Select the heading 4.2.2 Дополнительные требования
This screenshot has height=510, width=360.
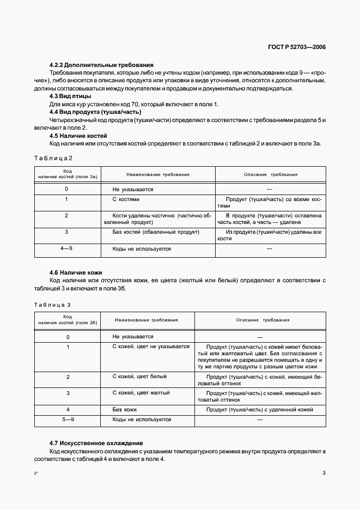coord(101,65)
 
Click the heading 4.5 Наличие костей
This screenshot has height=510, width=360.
coord(78,136)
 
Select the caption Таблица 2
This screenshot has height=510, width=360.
coord(53,159)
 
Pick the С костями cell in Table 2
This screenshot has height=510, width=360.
coord(126,199)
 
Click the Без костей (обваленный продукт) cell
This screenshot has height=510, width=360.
coord(148,232)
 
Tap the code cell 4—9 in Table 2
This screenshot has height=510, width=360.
coord(66,249)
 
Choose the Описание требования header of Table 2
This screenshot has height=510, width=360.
coord(270,175)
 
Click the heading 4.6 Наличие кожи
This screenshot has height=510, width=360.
coord(76,272)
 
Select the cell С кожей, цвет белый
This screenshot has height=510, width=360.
coord(139,377)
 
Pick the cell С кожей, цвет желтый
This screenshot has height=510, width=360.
coord(141,393)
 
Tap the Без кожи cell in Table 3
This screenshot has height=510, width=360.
coord(124,409)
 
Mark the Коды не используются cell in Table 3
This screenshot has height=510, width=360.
coord(142,420)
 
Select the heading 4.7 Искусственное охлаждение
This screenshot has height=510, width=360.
coord(96,444)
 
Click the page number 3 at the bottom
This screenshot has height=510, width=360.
coord(324,473)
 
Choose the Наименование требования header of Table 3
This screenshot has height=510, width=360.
coord(147,320)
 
